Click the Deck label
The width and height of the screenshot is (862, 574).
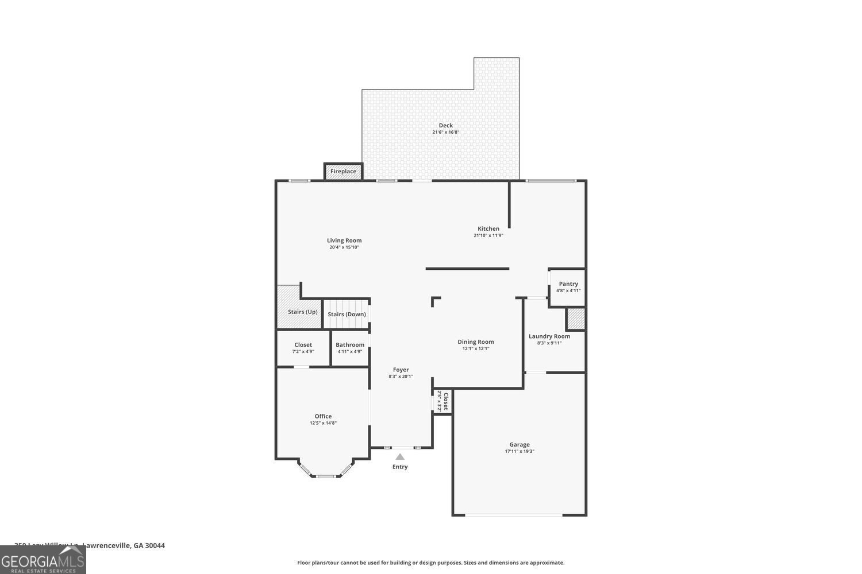click(446, 125)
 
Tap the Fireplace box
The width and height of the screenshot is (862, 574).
click(343, 171)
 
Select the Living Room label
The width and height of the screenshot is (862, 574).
click(344, 241)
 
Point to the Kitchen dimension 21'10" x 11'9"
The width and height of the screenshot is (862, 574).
click(488, 235)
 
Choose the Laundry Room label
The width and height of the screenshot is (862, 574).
click(549, 336)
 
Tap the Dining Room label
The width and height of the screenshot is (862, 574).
click(475, 342)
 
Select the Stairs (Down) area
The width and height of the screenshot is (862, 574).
click(347, 314)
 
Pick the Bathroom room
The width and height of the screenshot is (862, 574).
click(350, 348)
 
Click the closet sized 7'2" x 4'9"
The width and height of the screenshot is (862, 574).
click(303, 348)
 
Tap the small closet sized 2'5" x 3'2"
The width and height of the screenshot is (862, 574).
click(442, 401)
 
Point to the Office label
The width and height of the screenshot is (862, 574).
click(323, 416)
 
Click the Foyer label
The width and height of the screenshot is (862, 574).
click(401, 370)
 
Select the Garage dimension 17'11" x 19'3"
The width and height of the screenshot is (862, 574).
click(519, 452)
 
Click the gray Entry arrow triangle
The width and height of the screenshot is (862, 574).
click(400, 457)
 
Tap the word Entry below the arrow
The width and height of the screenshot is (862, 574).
click(400, 467)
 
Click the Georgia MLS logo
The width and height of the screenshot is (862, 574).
click(43, 560)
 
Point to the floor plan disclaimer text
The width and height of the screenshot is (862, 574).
click(430, 563)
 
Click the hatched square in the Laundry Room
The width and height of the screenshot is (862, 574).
click(575, 319)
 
